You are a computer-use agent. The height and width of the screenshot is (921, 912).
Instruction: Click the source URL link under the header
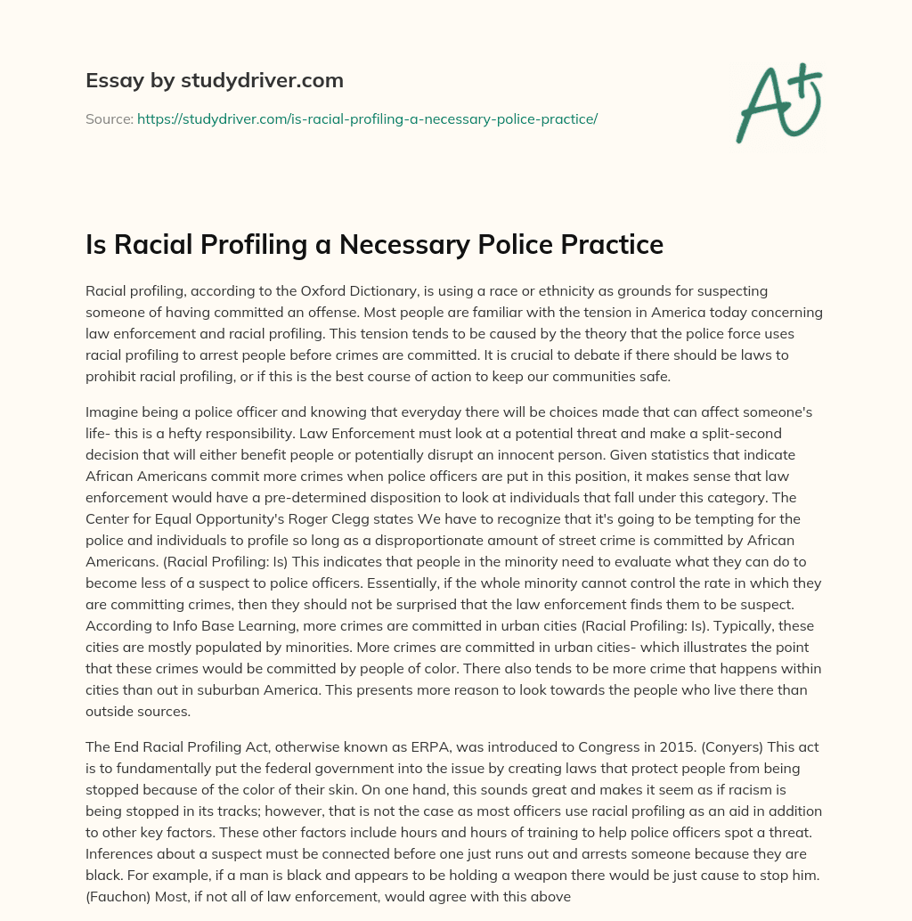(367, 118)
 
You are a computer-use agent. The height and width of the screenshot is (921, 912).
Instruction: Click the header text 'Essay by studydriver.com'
(214, 81)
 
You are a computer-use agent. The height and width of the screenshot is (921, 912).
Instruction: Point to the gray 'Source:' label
(109, 118)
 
